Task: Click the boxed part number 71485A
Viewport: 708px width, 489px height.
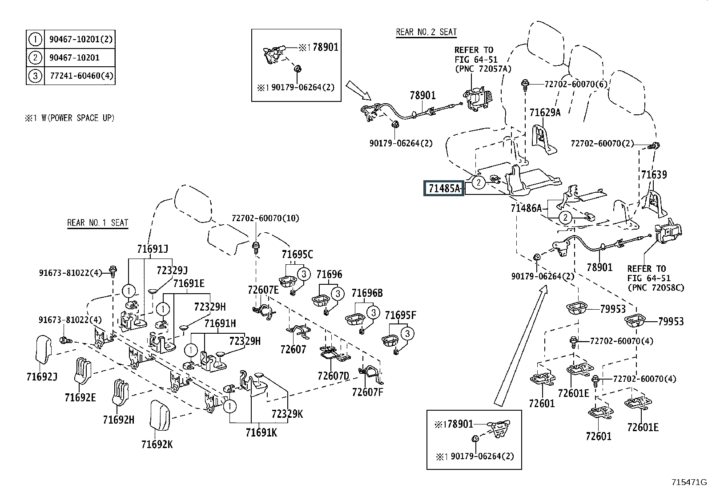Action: [444, 189]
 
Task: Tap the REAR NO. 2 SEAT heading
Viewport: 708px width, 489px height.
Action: [426, 32]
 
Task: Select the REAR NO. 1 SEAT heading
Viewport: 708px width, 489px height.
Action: [98, 222]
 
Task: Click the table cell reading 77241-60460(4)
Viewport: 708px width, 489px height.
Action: [81, 76]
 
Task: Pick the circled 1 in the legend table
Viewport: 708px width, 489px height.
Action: [35, 39]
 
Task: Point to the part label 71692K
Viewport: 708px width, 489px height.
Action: [157, 445]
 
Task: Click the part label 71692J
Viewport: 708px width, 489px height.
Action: [42, 377]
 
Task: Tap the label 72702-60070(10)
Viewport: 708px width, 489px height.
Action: [265, 218]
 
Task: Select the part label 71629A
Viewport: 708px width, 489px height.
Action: [545, 112]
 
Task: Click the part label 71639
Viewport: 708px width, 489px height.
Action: [654, 174]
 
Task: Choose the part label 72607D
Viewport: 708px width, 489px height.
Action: [334, 376]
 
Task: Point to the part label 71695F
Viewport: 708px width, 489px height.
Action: [400, 315]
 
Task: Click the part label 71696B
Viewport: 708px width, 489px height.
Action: [367, 293]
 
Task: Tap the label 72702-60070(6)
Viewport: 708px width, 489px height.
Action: [576, 85]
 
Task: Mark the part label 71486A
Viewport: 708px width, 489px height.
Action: [526, 208]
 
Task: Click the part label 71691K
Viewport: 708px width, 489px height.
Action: [261, 432]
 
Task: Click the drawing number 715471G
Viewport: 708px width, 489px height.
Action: [689, 482]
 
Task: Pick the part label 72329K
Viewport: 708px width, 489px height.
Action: [287, 414]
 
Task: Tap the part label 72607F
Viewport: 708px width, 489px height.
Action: [368, 392]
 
